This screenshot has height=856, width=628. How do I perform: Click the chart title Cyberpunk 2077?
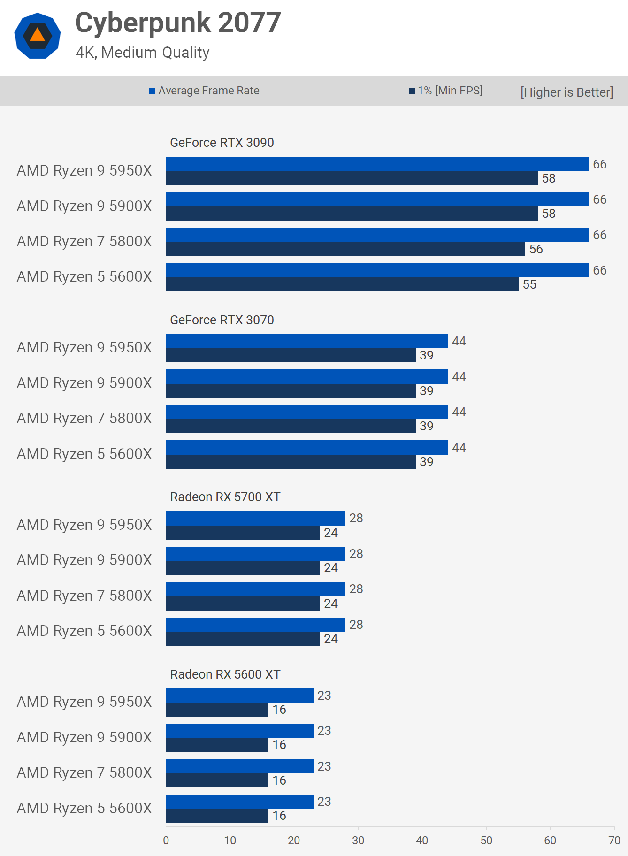tap(178, 23)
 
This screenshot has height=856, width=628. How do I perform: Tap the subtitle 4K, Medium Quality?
tap(142, 53)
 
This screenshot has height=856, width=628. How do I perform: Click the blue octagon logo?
tap(38, 36)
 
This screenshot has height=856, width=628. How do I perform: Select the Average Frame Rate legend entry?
tap(205, 91)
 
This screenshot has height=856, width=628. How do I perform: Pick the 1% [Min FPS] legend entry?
tap(446, 91)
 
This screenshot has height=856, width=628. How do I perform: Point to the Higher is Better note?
tap(567, 92)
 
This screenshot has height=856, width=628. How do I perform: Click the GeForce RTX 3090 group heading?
tap(222, 143)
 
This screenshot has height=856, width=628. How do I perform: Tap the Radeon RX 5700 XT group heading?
tap(225, 497)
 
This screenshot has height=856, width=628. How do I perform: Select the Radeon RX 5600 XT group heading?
tap(225, 674)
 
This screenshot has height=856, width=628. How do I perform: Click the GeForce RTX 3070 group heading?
tap(222, 320)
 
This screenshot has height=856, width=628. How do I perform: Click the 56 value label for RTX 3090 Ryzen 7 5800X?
tap(536, 249)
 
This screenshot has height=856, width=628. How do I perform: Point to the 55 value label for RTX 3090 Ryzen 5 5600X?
tap(529, 284)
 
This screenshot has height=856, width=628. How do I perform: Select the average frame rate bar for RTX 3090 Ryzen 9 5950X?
tap(377, 164)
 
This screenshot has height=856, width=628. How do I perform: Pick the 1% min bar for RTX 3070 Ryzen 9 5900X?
tap(291, 391)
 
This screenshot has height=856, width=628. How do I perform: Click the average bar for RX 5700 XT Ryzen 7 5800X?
tap(255, 589)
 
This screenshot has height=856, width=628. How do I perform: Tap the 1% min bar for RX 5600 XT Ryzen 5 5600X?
tap(217, 816)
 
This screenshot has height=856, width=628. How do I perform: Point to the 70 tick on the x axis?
tap(614, 841)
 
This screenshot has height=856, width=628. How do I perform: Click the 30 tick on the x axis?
tap(358, 841)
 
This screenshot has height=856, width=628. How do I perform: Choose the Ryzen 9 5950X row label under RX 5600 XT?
tap(84, 702)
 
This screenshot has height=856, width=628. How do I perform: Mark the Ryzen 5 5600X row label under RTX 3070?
tap(84, 454)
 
